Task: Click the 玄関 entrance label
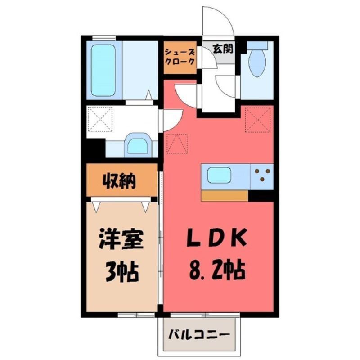coord(223,49)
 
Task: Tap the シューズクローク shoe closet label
coord(180,57)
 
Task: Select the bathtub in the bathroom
coord(103,71)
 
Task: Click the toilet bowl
coord(257,63)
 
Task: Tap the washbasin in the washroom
coord(138,145)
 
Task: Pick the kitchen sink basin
coord(219,175)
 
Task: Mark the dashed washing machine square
coord(100,119)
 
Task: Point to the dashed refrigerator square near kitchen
coord(258,120)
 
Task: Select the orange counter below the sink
coord(224,196)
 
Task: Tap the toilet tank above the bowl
coord(257,45)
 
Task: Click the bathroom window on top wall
coord(104,38)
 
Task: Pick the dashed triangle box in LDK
coord(177,144)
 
